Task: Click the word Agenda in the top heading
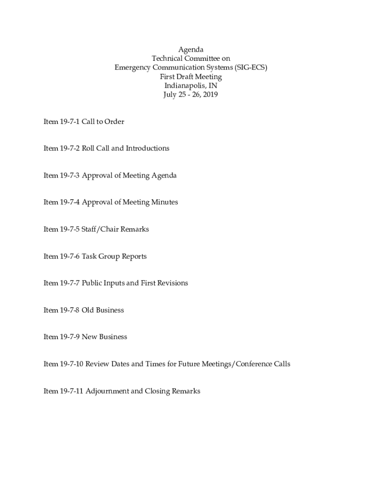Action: [191, 50]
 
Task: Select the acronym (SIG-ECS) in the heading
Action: [251, 68]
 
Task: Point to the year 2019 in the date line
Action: [210, 95]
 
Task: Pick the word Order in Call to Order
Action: [115, 122]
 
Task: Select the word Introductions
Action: [147, 148]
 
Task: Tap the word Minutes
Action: [165, 202]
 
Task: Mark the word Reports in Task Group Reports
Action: [134, 256]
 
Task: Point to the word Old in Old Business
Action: [88, 310]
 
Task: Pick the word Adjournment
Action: [107, 391]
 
